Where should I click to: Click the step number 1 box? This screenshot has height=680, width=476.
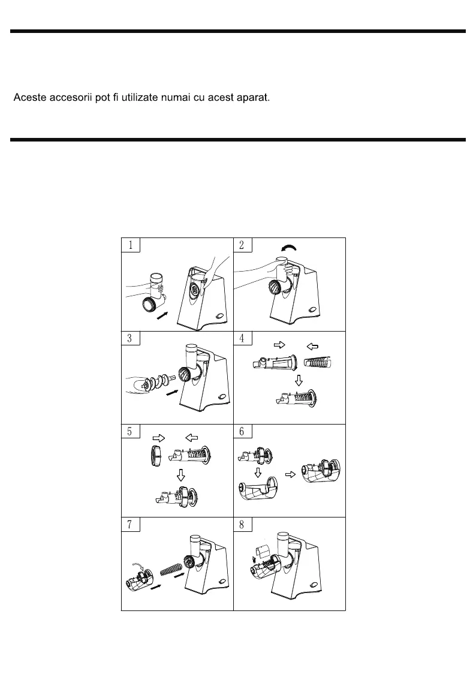[131, 245]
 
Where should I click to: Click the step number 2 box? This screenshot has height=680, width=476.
[242, 245]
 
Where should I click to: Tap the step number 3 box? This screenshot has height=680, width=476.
[131, 338]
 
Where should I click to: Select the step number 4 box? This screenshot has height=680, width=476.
[242, 338]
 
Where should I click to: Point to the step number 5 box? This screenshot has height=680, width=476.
[131, 431]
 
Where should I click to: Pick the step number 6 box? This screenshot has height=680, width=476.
[242, 431]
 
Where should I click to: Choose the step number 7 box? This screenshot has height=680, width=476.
[131, 524]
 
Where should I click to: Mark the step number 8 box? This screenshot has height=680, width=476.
[242, 524]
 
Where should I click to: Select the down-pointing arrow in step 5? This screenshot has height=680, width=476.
[180, 476]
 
